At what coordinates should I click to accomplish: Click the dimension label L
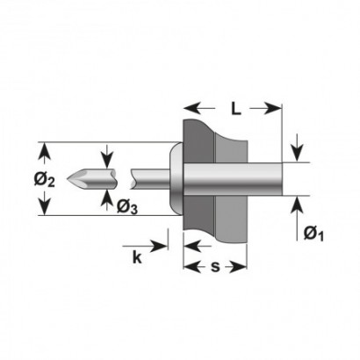(x=236, y=109)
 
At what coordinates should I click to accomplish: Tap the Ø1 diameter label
(x=313, y=234)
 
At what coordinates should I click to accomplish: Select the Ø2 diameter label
(x=44, y=179)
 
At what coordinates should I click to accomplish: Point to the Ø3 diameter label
(x=127, y=207)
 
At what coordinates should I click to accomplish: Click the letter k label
(x=137, y=257)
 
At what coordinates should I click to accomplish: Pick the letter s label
(x=215, y=267)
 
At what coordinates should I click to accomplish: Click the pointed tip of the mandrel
(x=68, y=178)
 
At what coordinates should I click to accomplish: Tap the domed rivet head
(x=176, y=178)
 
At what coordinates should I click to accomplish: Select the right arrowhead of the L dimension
(x=273, y=109)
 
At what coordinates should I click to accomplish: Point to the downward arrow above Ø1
(x=297, y=148)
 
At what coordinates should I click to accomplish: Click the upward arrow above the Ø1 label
(x=297, y=218)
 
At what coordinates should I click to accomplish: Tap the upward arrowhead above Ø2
(x=44, y=151)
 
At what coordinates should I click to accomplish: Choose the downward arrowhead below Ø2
(x=44, y=205)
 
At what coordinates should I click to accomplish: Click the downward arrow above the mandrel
(x=108, y=156)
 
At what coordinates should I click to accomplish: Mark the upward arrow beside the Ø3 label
(x=108, y=199)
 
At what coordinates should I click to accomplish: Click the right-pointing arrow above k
(x=145, y=246)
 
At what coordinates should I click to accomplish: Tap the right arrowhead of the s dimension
(x=238, y=267)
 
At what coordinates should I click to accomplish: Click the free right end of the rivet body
(x=282, y=179)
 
